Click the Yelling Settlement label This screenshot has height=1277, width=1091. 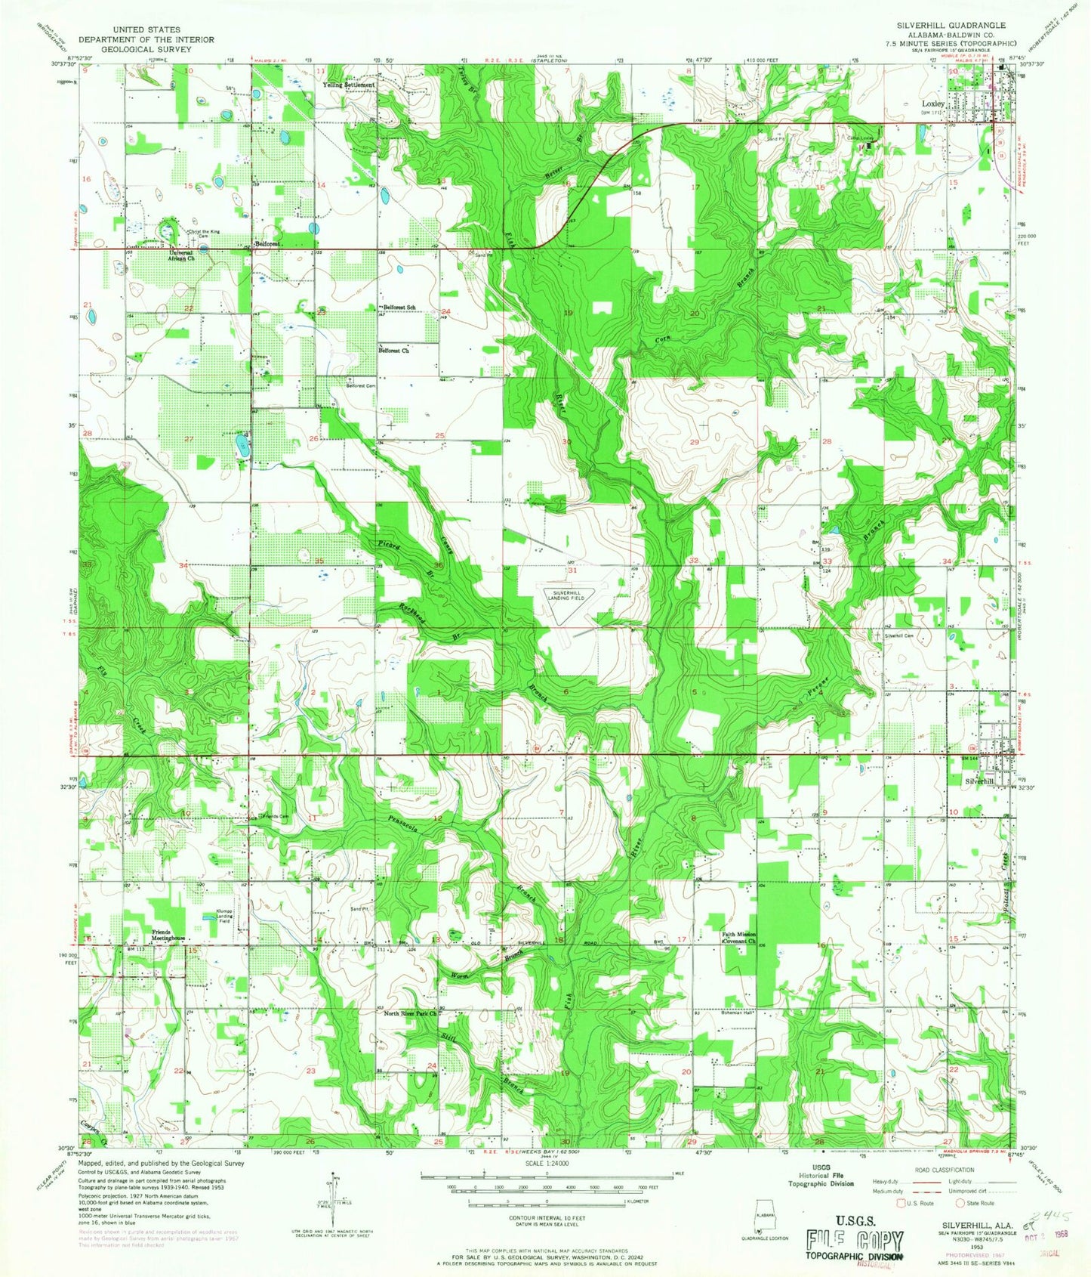point(348,85)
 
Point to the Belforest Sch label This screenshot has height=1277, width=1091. point(399,308)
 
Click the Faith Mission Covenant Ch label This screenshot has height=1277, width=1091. point(738,938)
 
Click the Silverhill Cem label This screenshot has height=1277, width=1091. point(898,635)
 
